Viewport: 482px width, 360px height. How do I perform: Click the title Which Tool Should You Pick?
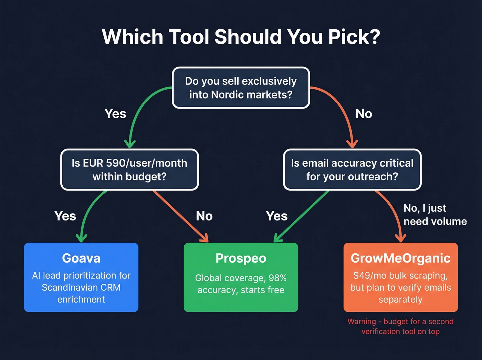241,37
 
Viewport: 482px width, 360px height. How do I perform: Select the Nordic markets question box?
241,88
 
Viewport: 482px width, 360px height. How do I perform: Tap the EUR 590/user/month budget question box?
129,169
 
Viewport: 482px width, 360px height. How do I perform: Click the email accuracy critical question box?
352,169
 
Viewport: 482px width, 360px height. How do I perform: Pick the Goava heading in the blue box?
81,258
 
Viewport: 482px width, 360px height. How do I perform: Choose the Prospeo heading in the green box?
241,258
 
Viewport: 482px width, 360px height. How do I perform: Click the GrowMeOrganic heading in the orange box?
400,258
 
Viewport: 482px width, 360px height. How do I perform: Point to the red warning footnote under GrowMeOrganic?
400,326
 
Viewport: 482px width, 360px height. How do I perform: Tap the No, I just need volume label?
435,215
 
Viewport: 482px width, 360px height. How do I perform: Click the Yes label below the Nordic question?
115,114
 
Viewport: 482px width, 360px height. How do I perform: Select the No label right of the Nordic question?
364,114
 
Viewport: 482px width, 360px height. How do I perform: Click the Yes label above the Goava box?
65,216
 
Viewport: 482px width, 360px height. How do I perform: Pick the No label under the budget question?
204,216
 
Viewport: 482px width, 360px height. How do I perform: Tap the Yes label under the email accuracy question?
276,216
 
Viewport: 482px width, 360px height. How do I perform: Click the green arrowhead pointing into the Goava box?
81,238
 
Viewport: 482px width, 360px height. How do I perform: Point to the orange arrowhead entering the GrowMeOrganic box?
400,238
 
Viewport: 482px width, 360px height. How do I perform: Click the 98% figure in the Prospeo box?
277,278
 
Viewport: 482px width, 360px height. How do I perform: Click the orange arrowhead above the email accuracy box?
352,144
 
